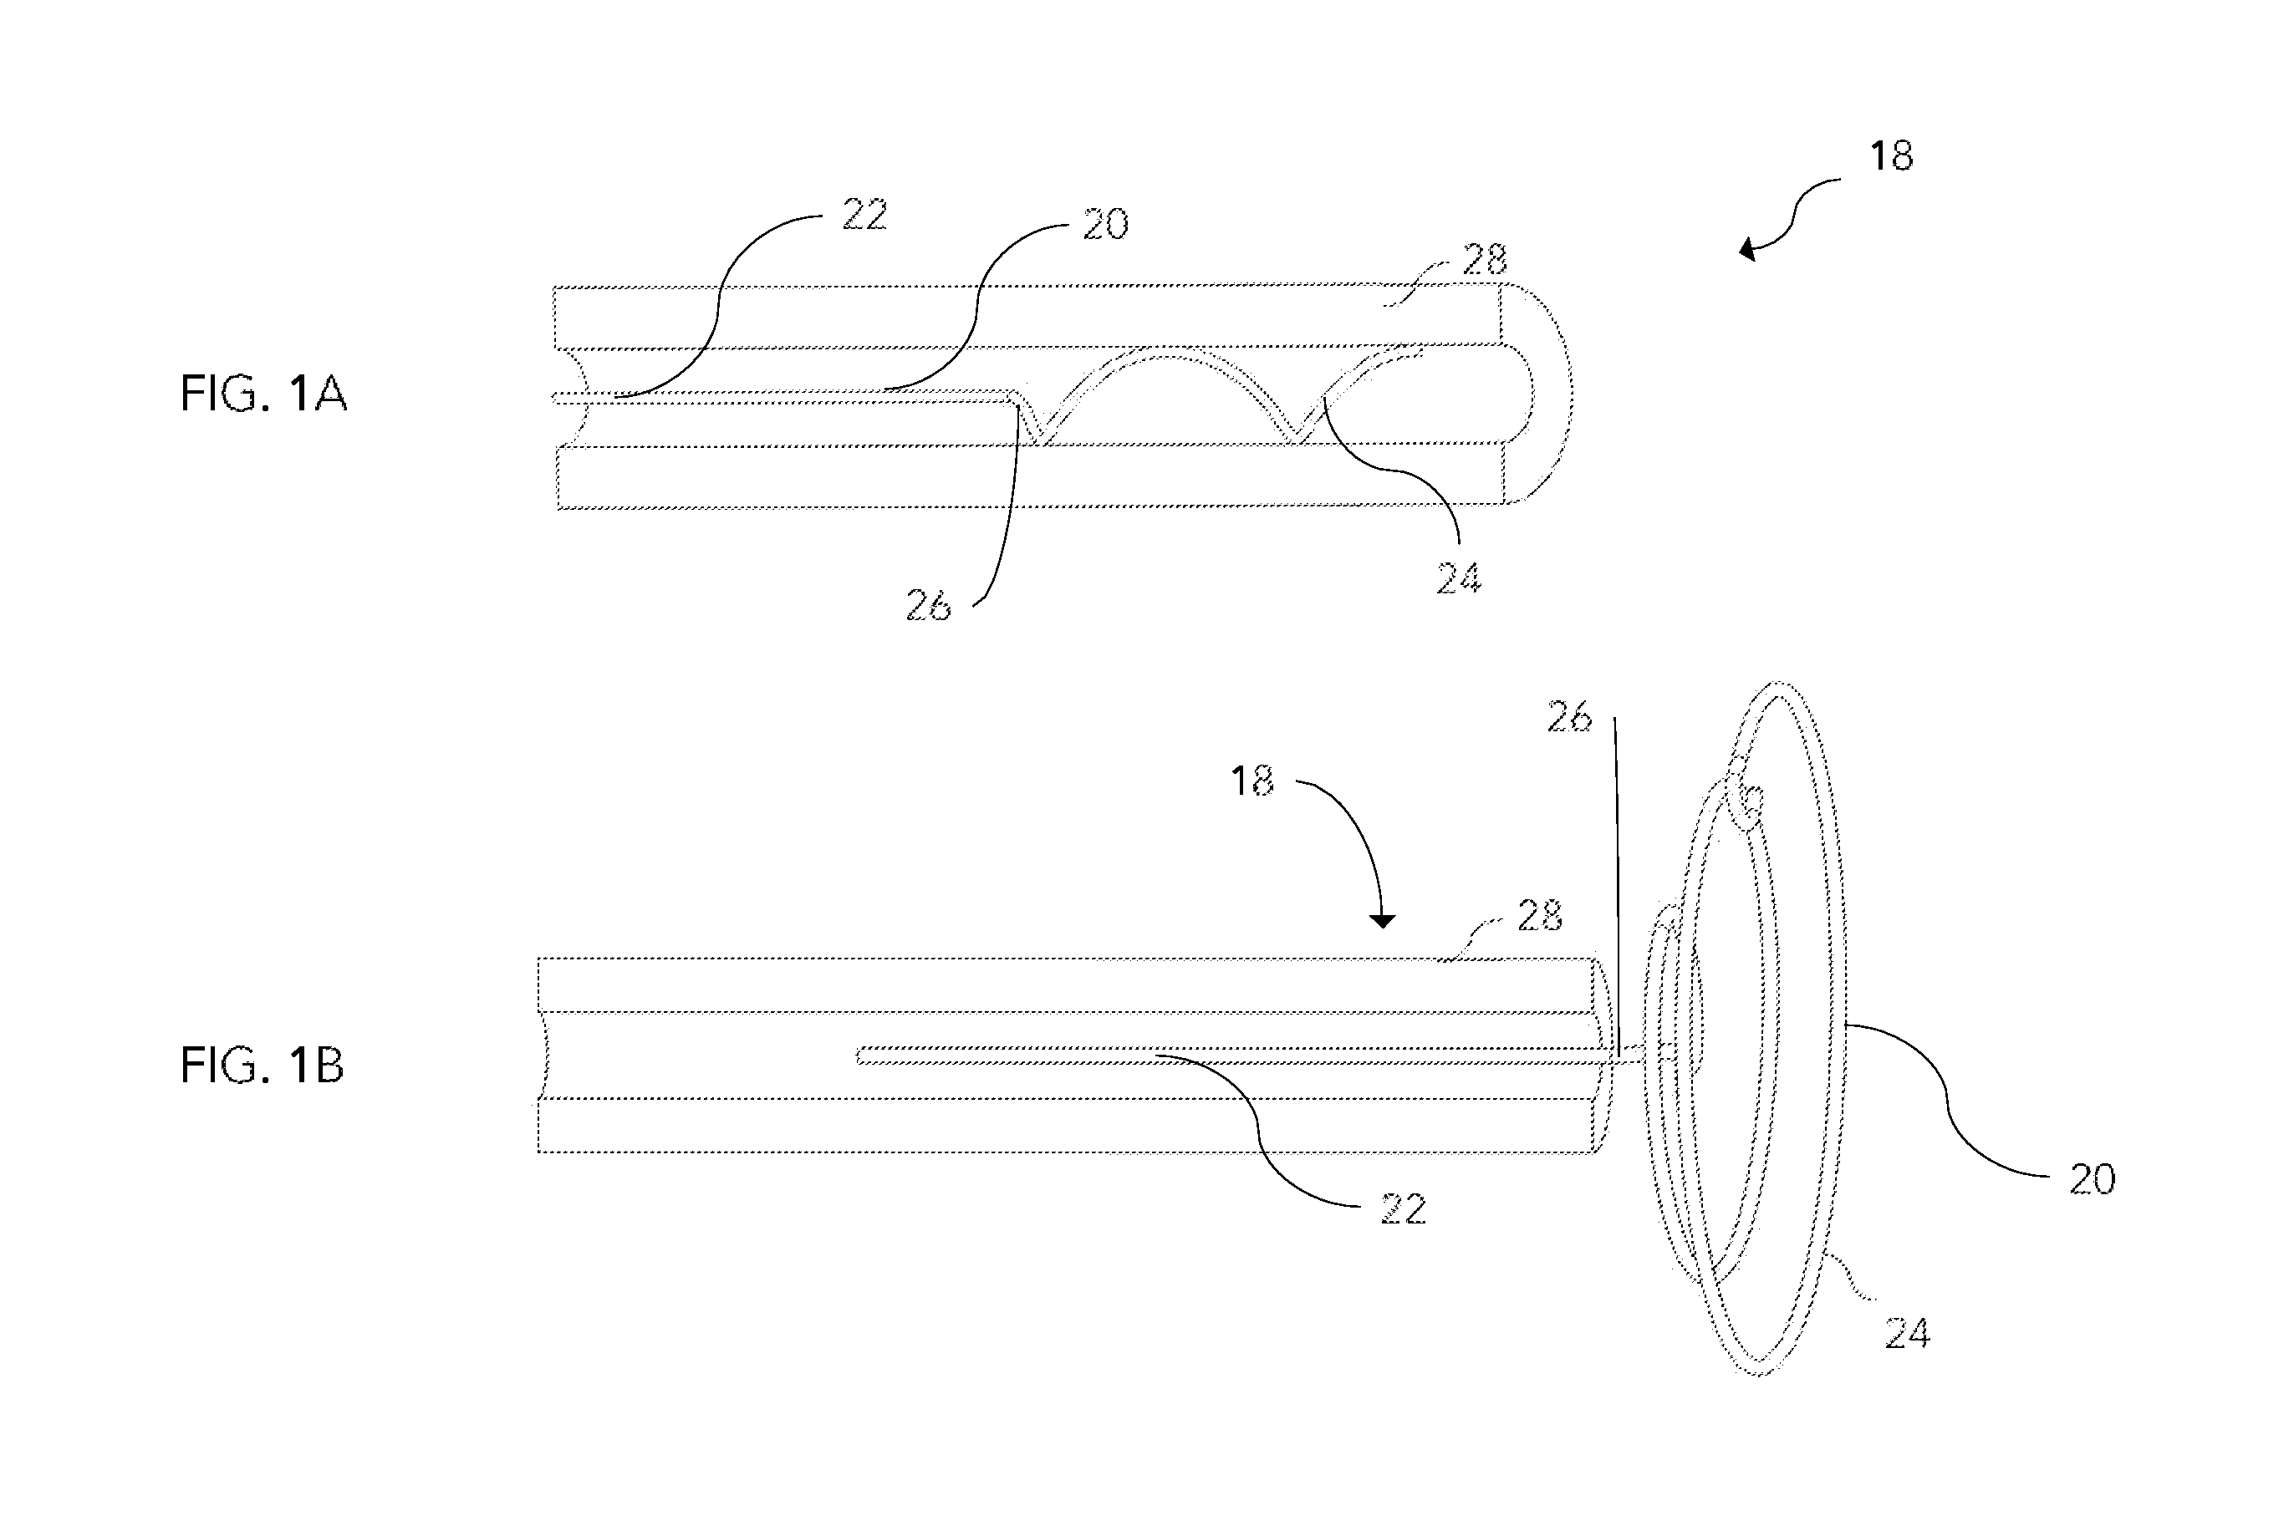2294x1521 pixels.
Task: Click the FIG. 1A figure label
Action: [263, 394]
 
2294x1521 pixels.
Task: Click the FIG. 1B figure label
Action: [262, 1065]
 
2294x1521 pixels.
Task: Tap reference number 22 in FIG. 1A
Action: [864, 215]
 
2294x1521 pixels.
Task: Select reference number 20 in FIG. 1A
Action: [1105, 225]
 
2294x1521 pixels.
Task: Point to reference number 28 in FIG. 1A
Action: [1484, 259]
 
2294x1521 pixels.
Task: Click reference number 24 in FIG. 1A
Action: [1459, 577]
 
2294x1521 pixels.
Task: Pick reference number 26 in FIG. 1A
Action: [929, 605]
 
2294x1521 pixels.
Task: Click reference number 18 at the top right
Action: [1891, 156]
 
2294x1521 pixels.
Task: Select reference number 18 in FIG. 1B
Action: [1252, 781]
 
